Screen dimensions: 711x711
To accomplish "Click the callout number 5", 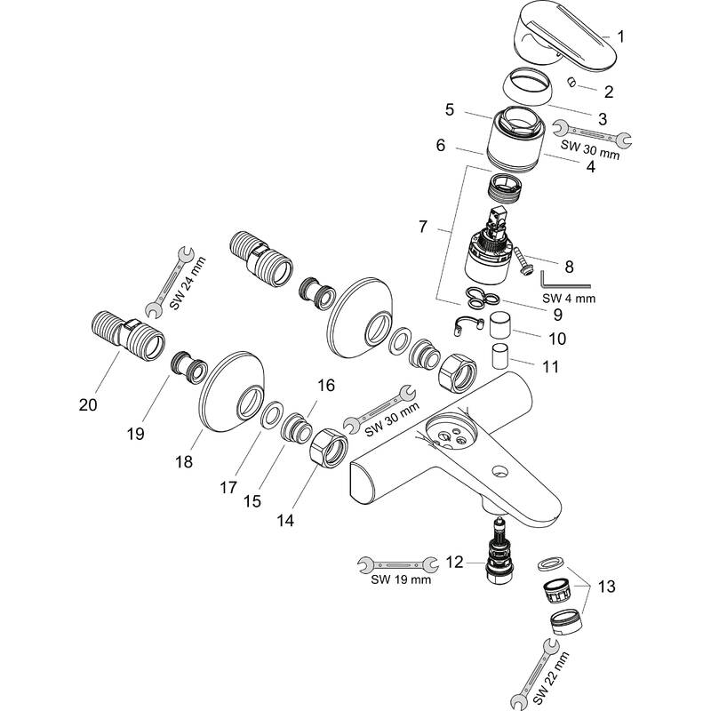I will point(449,111).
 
